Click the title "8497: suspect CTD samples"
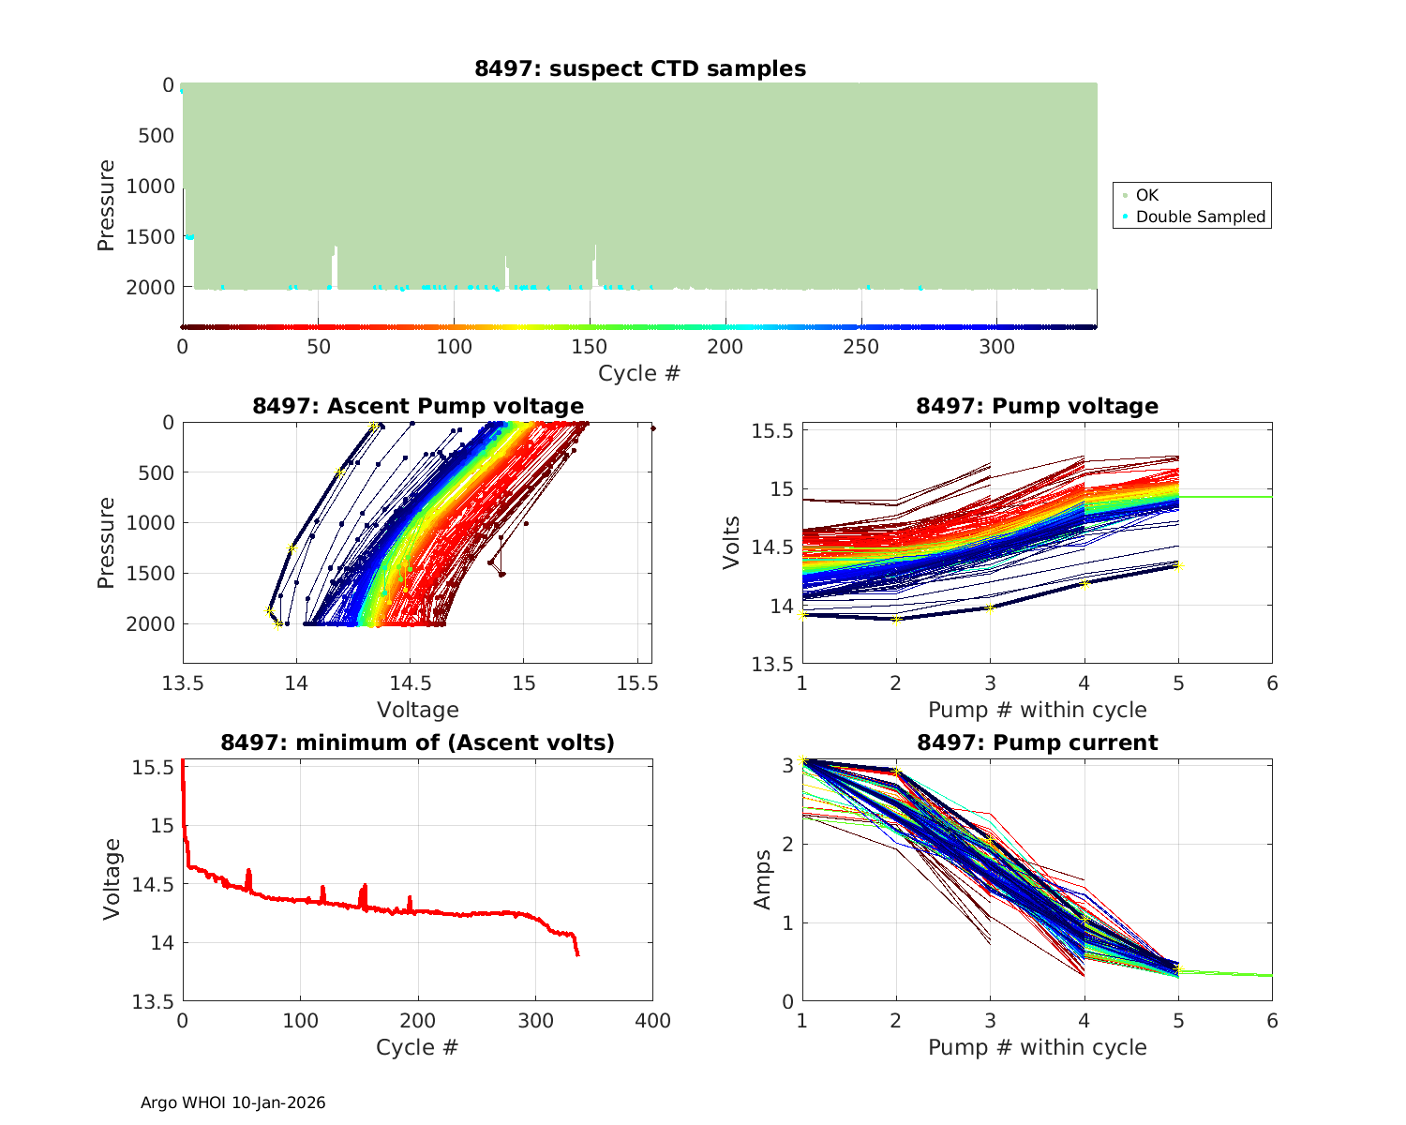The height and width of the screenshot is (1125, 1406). point(640,68)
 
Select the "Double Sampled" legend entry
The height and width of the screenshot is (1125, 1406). point(1200,217)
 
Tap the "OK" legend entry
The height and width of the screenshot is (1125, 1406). point(1146,195)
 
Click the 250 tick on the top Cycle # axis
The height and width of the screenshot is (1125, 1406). point(861,347)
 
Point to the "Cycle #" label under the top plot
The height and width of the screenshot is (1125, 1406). point(639,373)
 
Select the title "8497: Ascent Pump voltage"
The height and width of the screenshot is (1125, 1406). point(418,406)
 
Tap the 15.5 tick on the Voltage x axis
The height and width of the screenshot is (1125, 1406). point(638,684)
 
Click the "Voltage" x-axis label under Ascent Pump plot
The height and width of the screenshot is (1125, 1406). point(418,710)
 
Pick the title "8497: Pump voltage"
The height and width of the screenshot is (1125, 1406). point(1037,406)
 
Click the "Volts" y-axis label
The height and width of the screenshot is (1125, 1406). point(732,543)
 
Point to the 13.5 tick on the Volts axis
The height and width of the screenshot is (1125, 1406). point(771,664)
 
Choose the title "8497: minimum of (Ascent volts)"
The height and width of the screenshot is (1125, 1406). point(418,742)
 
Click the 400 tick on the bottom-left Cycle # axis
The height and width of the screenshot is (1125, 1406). point(652,1021)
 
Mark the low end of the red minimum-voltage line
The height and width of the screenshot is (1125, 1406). point(577,954)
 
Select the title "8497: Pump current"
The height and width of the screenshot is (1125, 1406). point(1037,742)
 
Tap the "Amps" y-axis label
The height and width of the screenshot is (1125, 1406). point(763,879)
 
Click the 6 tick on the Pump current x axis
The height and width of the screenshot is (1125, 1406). point(1272,1021)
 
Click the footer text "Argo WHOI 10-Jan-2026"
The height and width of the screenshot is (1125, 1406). point(233,1102)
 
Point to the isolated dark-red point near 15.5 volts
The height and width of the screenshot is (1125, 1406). point(652,428)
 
